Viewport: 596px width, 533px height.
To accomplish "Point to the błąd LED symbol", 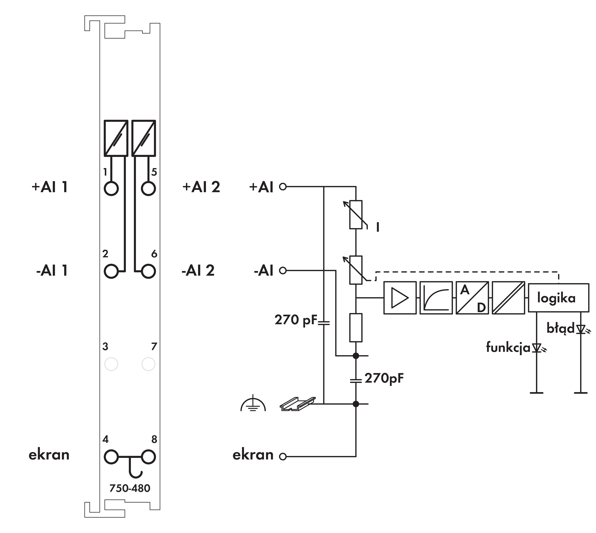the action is (581, 329).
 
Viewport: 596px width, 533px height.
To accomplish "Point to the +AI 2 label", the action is (201, 187).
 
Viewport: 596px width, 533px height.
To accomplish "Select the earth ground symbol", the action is (253, 404).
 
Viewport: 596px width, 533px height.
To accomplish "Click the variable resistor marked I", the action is (356, 214).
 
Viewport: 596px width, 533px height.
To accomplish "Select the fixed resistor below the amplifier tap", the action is (356, 327).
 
